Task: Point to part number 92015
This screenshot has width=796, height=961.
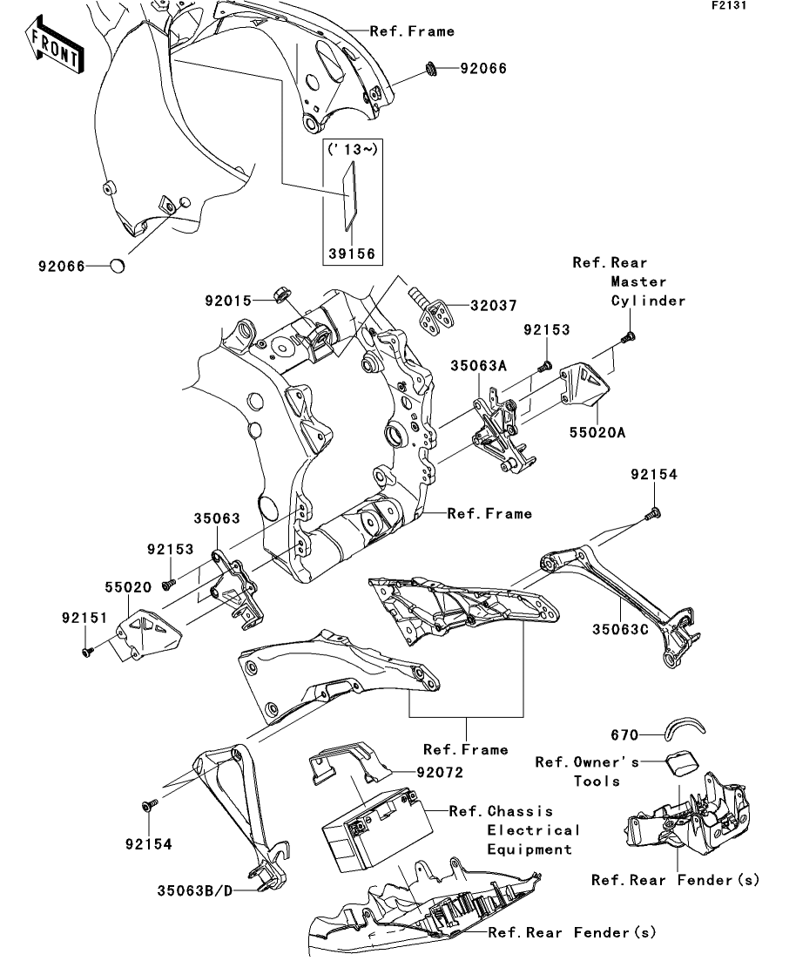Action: coord(227,301)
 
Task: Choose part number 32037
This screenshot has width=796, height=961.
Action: coord(493,306)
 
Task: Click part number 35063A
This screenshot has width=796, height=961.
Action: coord(478,367)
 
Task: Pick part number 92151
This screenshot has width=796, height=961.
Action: coord(84,618)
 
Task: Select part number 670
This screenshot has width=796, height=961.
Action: coord(625,734)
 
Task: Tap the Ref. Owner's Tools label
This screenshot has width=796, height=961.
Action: coord(586,771)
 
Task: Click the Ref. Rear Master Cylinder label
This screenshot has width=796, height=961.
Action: coord(629,281)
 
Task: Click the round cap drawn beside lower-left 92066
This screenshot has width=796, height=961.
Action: coord(120,266)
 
